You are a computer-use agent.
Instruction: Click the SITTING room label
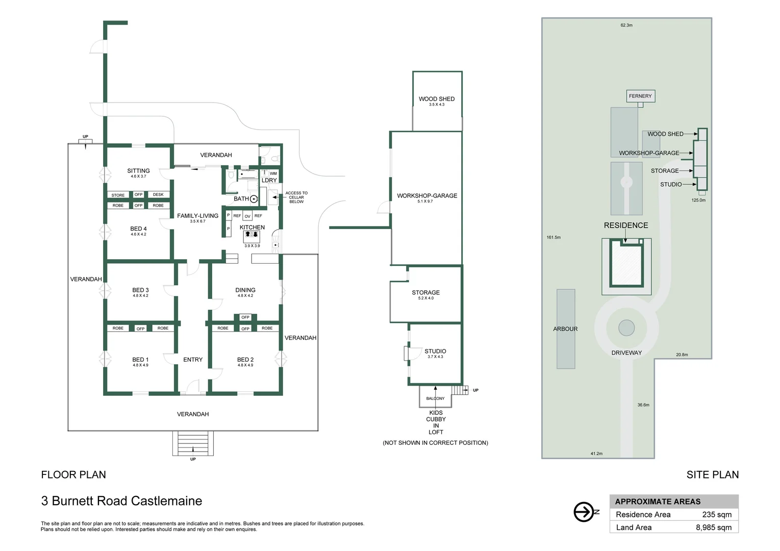(138, 171)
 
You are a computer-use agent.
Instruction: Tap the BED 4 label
(138, 229)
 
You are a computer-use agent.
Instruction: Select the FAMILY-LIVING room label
(197, 216)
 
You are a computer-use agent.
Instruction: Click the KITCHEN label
(252, 227)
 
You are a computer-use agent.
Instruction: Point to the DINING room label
(245, 290)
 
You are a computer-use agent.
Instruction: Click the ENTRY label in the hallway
(193, 360)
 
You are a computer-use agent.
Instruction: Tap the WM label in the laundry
(273, 173)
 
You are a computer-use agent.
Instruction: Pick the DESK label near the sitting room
(158, 195)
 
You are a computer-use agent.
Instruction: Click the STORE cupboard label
(118, 195)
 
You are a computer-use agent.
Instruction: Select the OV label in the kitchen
(247, 216)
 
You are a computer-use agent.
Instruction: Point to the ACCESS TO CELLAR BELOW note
(296, 197)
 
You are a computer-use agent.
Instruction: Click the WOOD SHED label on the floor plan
(437, 99)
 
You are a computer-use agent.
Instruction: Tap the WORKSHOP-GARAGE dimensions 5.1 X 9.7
(425, 202)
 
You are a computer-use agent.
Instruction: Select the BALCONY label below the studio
(435, 398)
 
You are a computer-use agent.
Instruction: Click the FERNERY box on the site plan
(640, 96)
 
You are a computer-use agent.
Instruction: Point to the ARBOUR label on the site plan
(565, 329)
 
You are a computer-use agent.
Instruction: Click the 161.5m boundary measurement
(553, 237)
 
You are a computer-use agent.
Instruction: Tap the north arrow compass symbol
(585, 512)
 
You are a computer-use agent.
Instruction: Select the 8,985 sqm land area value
(714, 528)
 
